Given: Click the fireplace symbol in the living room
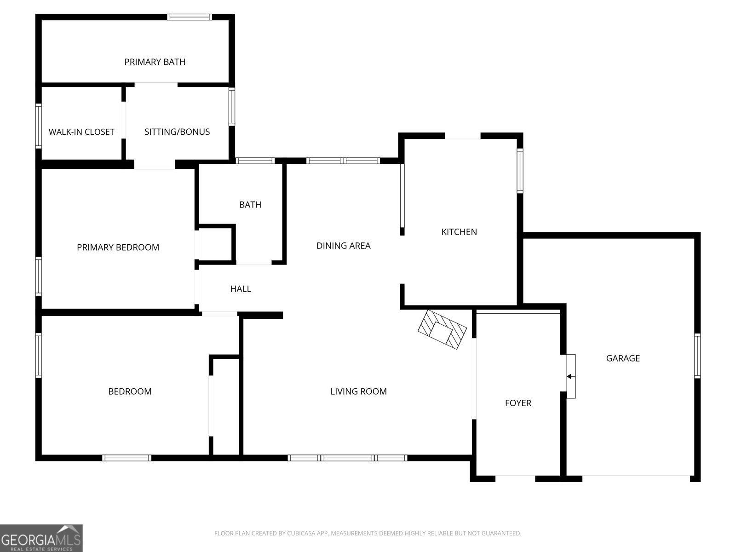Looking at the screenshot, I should click(442, 330).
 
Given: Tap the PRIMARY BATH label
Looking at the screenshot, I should click(155, 62).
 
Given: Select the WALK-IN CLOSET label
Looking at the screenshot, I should click(81, 132).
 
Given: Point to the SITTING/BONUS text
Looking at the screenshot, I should click(177, 132).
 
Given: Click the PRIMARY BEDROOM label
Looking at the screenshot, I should click(118, 247).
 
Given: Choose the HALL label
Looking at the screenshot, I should click(241, 289).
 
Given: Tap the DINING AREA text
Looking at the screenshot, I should click(343, 246).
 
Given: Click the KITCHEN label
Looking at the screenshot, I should click(459, 232).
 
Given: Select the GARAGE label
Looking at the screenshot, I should click(623, 358).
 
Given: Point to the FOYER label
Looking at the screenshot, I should click(518, 403).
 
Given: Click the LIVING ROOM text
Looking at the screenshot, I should click(358, 391).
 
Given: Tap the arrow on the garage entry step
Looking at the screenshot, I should click(569, 376).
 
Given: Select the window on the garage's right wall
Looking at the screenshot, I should click(697, 356).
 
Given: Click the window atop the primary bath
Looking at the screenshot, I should click(190, 17).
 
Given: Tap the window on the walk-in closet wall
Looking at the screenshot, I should click(39, 126).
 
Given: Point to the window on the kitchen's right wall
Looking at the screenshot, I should click(520, 170).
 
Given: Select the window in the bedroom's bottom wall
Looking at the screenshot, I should click(126, 458).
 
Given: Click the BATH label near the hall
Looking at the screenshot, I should click(250, 205).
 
